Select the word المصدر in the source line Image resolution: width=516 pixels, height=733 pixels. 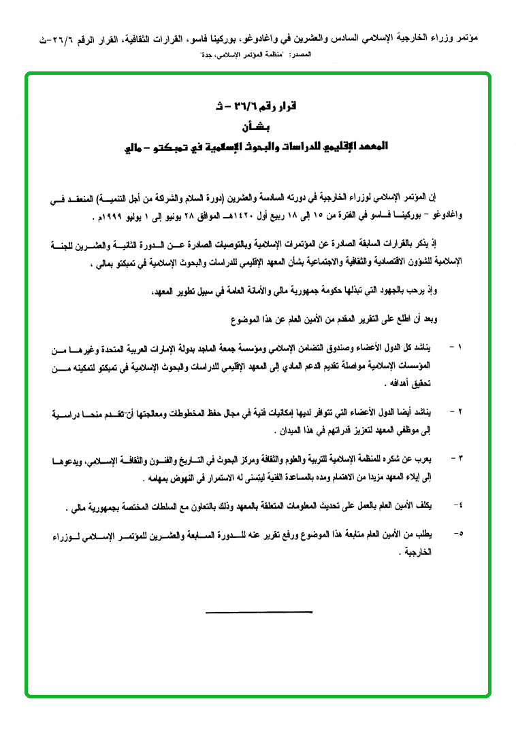[x=300, y=52]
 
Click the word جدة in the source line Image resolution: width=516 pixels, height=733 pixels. [x=208, y=52]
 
